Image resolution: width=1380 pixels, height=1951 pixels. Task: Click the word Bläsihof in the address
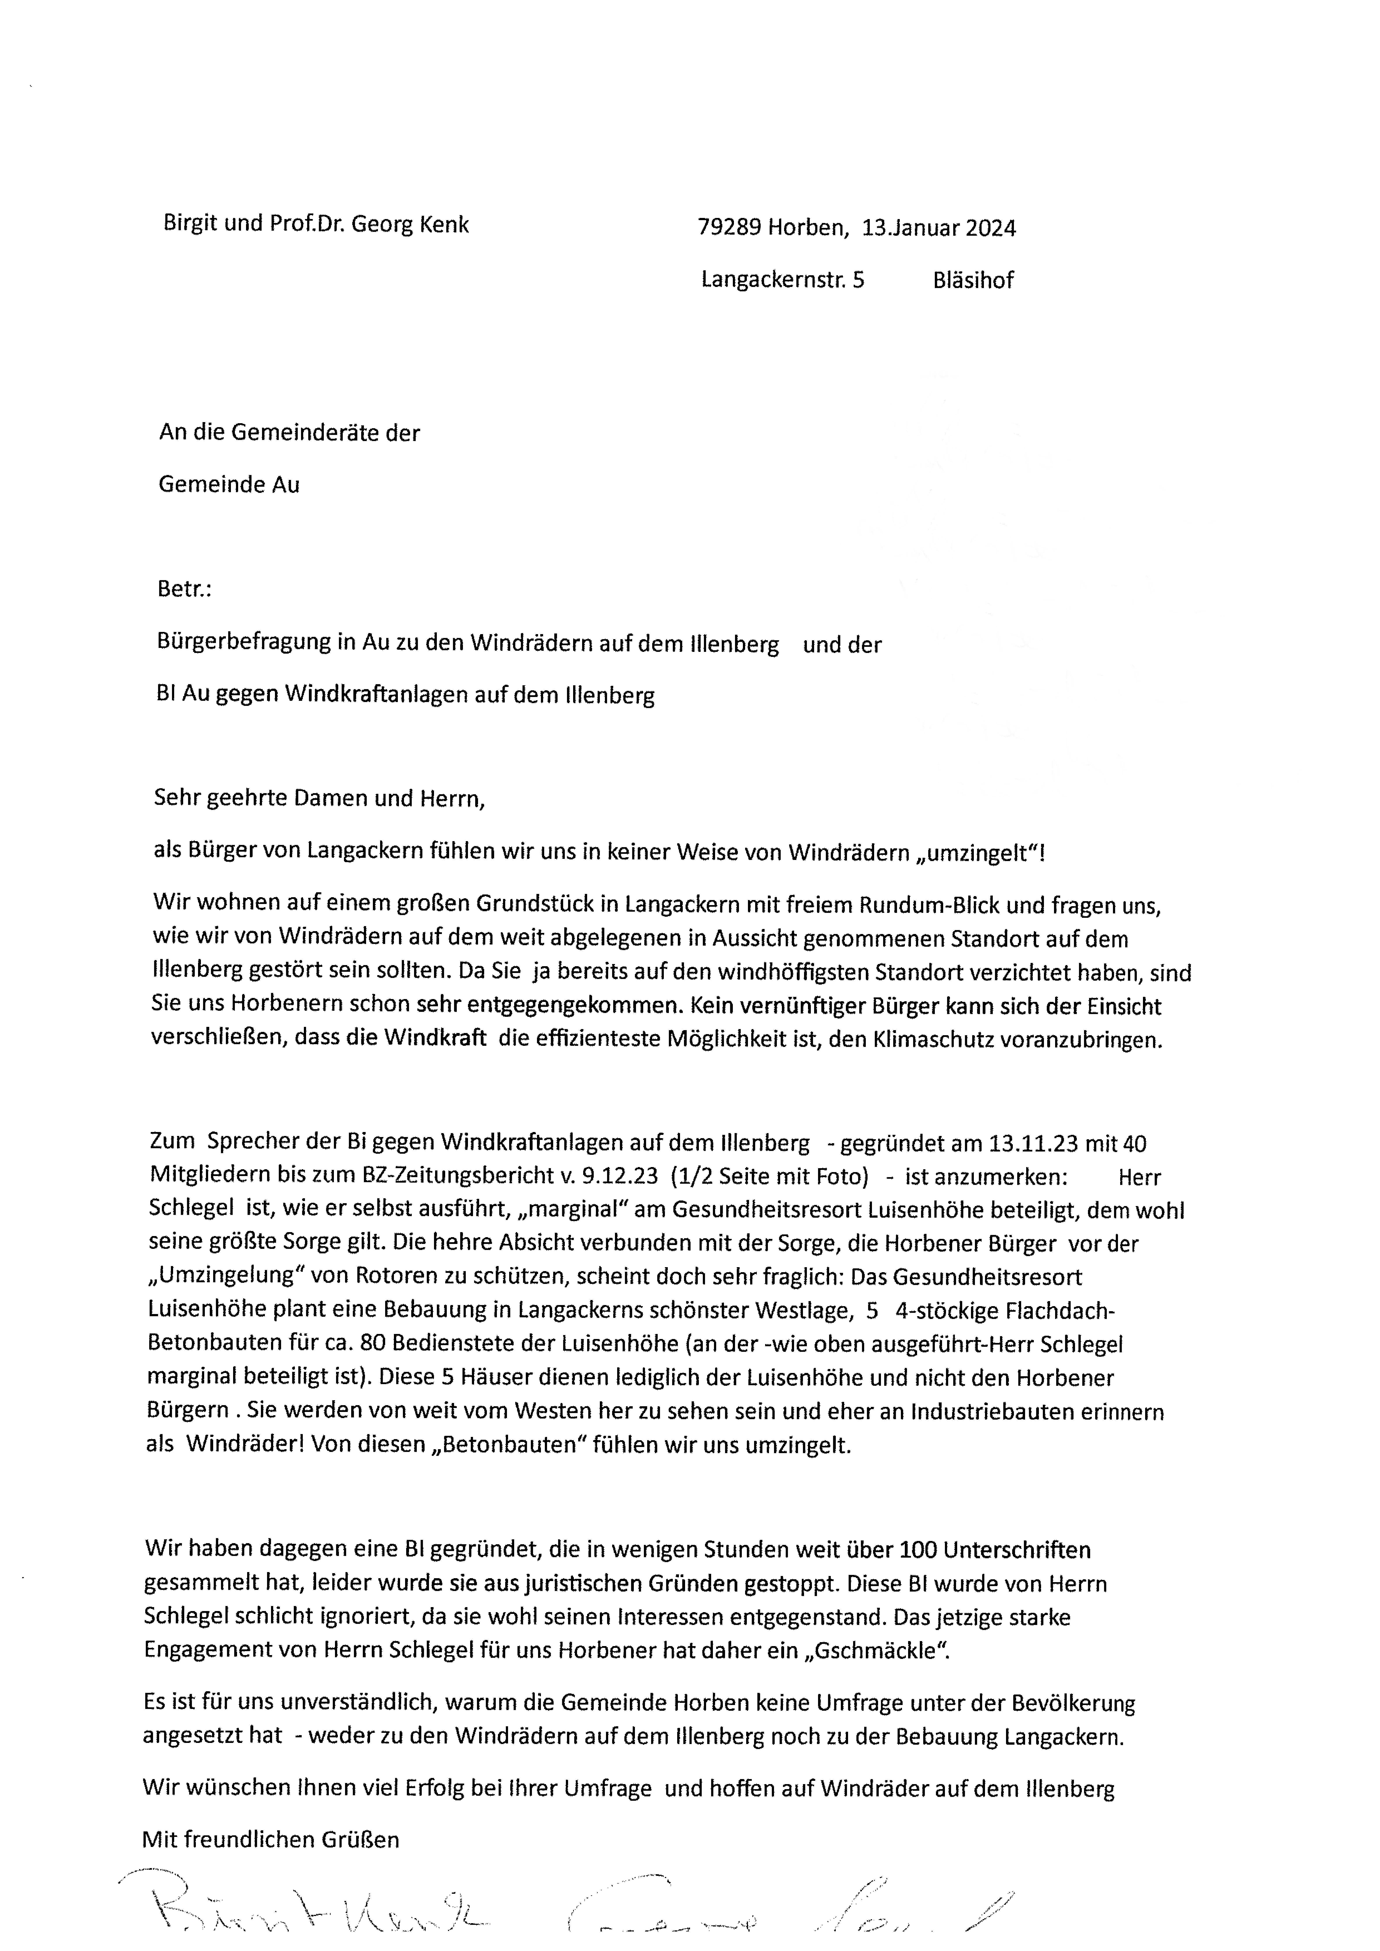pos(973,280)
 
